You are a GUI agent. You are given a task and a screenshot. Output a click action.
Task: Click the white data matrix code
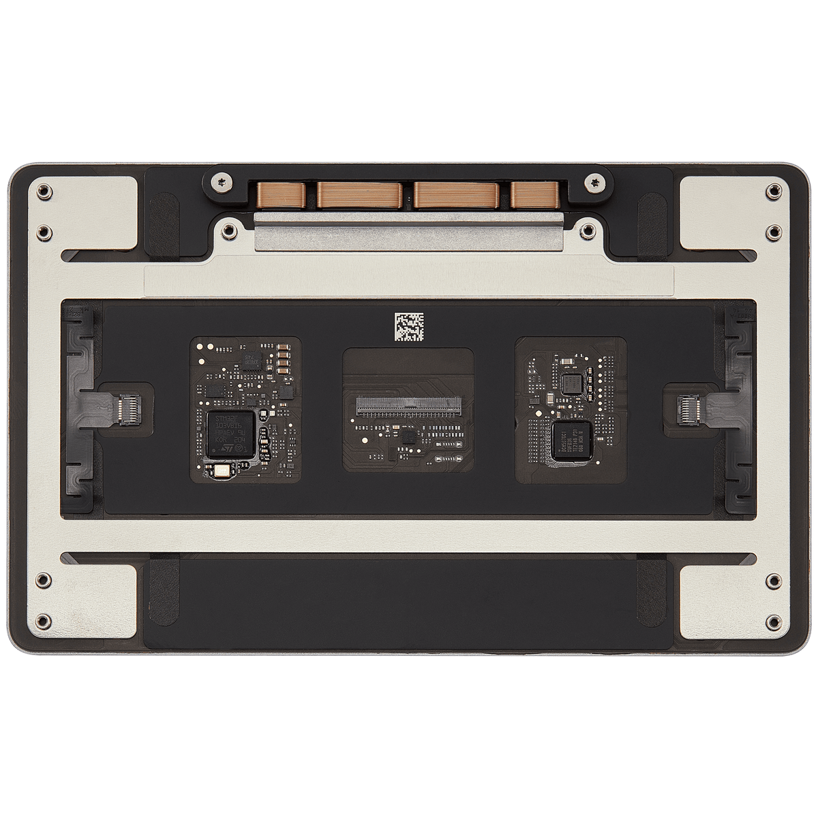tap(409, 327)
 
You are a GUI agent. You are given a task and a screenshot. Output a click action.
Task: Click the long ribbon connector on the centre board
tap(408, 409)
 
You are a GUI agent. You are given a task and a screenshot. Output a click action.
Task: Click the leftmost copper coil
tap(277, 194)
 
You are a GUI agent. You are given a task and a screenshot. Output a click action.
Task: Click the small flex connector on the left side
tap(127, 409)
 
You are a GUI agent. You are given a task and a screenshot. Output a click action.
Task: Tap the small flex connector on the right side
tap(688, 409)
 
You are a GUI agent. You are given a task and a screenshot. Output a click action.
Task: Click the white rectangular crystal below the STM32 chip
tap(220, 470)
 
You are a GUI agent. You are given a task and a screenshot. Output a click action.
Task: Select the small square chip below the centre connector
tap(408, 436)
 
